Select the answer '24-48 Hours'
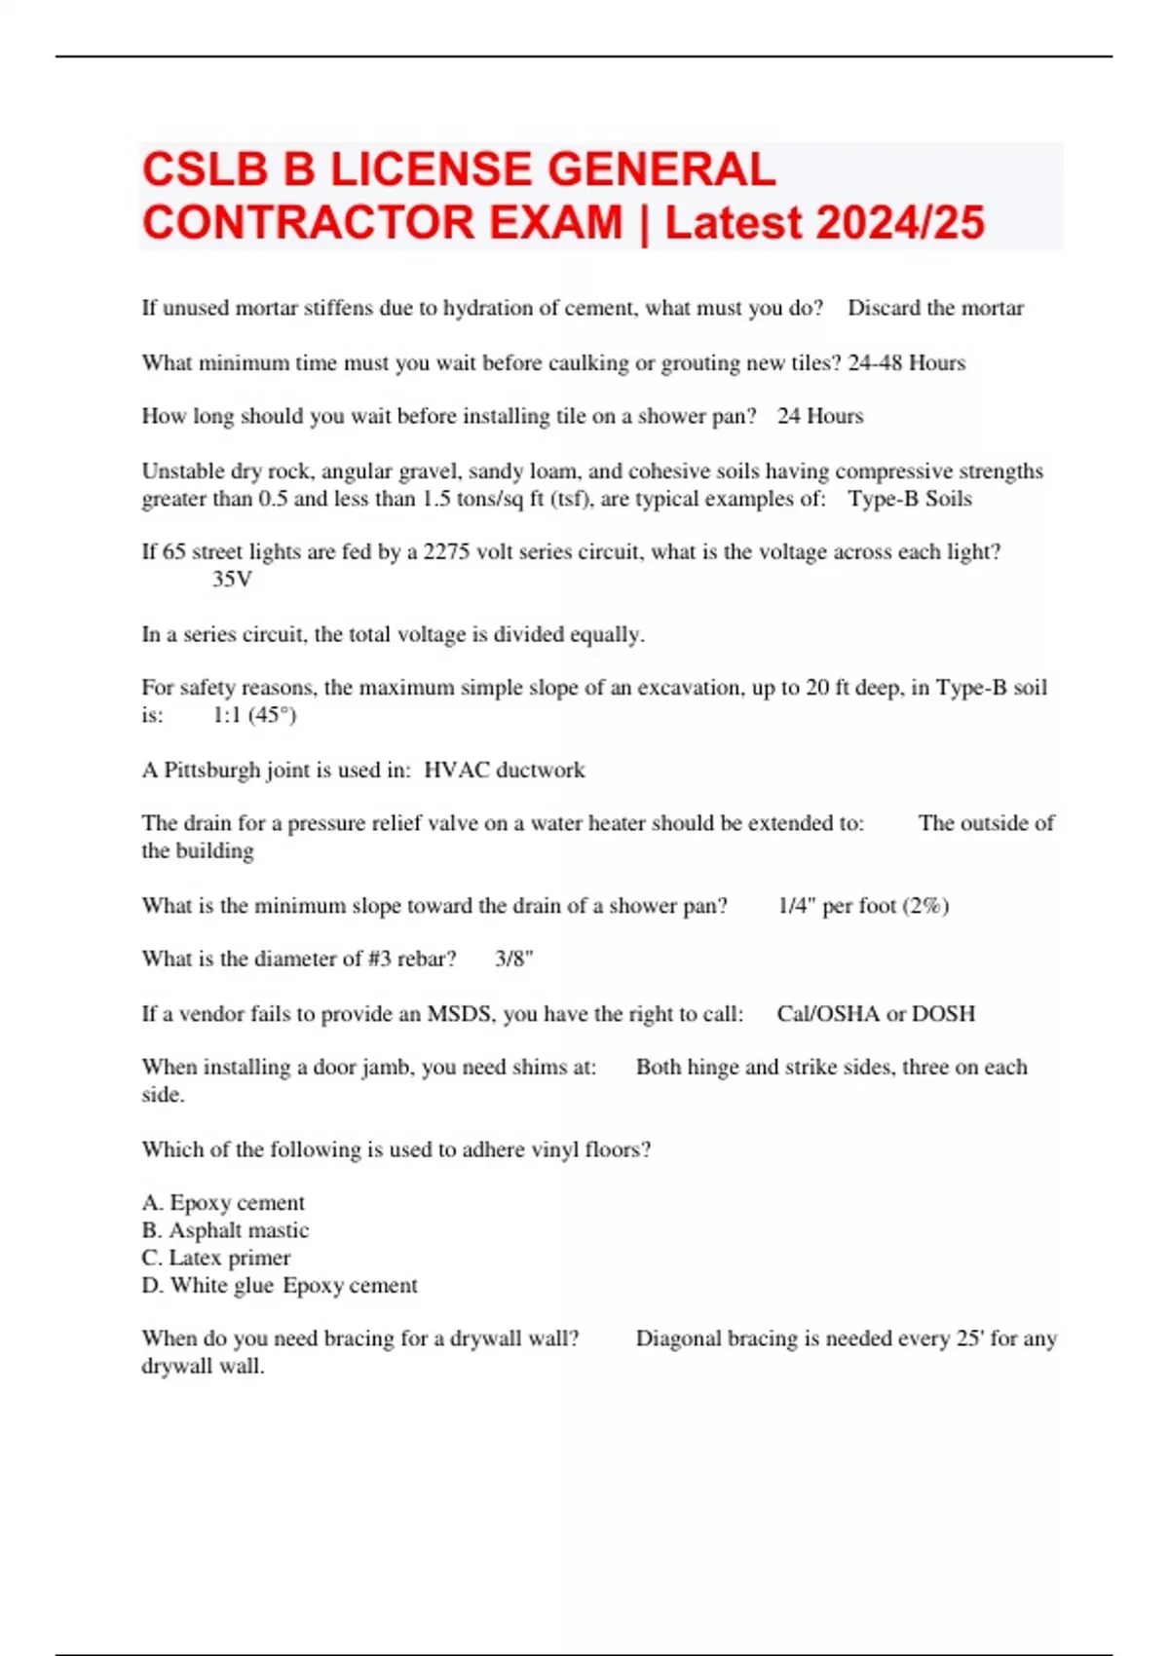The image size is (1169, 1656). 906,362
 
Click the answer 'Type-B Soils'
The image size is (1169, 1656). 909,499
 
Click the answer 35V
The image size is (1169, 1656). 232,580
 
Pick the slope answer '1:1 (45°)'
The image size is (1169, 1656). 254,715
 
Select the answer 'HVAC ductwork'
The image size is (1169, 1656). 505,770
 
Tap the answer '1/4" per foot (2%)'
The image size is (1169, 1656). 863,906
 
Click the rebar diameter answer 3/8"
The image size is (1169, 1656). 513,959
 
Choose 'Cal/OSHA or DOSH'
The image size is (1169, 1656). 876,1014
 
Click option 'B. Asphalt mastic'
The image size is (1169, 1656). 225,1230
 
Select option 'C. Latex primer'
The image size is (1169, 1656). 216,1258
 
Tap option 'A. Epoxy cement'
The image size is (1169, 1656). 223,1203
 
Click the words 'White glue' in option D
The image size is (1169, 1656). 221,1286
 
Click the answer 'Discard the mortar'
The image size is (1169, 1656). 935,308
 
